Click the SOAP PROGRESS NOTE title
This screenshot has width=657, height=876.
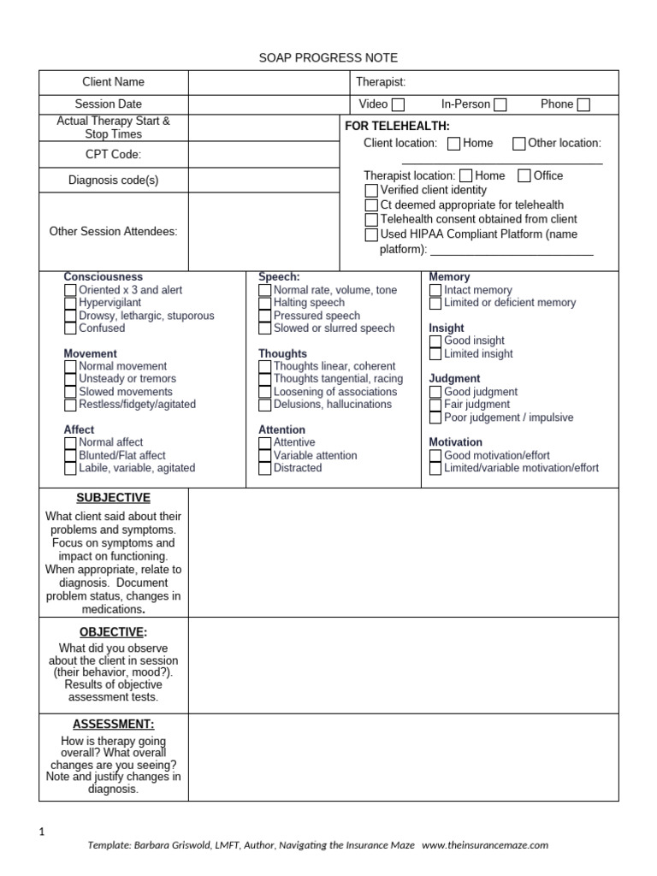(x=328, y=57)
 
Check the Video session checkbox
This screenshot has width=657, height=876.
(x=398, y=105)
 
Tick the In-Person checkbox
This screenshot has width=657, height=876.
(x=500, y=105)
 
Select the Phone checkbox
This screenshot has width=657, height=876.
(x=583, y=105)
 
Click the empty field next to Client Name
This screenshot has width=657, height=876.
(x=269, y=82)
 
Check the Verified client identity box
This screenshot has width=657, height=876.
(x=371, y=190)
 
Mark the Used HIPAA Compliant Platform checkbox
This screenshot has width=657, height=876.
(x=371, y=234)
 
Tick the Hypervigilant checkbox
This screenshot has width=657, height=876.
(x=70, y=303)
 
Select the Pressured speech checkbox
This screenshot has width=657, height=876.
(x=265, y=316)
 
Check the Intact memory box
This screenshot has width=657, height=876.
(x=435, y=291)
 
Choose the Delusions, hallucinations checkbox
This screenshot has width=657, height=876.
(x=265, y=405)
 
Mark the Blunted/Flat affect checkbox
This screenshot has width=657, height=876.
(x=70, y=456)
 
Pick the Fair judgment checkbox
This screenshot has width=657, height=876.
(x=435, y=405)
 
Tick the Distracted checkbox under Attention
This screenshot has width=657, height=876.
(x=265, y=469)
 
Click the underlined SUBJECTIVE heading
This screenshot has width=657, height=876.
(x=113, y=498)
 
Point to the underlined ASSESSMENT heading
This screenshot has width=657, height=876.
(x=113, y=724)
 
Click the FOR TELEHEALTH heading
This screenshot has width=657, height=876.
(x=396, y=126)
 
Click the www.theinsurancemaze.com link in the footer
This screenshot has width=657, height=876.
(x=485, y=845)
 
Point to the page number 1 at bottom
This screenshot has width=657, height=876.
(x=43, y=832)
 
